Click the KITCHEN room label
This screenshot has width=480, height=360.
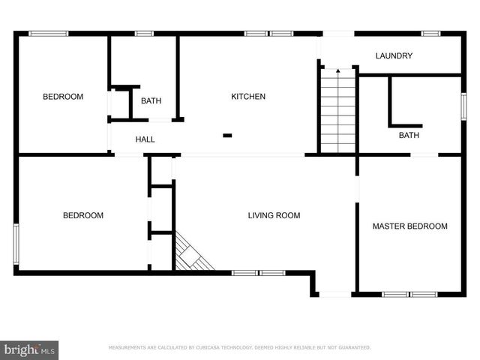coord(247,97)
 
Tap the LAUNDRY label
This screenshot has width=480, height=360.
coord(394,56)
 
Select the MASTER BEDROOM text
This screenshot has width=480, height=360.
coord(409,226)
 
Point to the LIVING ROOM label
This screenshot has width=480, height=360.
coord(274,216)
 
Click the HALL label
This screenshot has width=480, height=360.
coord(145,139)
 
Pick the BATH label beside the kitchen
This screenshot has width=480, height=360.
coord(151,101)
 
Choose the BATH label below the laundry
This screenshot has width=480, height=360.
coord(409,136)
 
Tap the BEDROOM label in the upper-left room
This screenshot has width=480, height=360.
coord(63,97)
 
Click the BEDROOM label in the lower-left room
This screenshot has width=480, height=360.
coord(82,216)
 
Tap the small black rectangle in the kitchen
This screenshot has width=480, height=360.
coord(227,136)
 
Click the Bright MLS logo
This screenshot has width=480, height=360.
coord(30,349)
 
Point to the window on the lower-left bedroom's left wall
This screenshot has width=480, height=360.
coord(16,240)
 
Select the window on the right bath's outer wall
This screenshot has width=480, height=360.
coord(462,104)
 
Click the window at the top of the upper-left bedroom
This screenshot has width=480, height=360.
coord(48,33)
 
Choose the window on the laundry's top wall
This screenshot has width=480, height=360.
coord(430,33)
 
